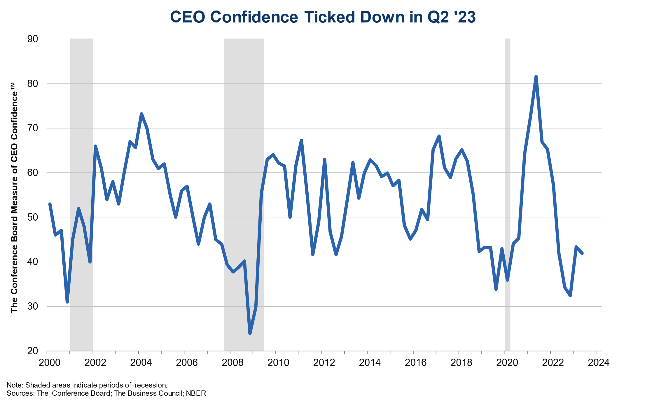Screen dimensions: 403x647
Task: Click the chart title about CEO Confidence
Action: point(323,17)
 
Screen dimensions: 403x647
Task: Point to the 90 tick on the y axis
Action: point(33,39)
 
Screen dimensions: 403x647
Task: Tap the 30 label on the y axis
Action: point(33,306)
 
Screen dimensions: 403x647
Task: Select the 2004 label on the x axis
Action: point(141,363)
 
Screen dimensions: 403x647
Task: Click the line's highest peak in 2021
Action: point(536,76)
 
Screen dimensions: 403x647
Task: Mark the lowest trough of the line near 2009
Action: point(250,333)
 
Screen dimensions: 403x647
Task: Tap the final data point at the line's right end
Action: point(582,253)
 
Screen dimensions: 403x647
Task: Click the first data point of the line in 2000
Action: point(50,204)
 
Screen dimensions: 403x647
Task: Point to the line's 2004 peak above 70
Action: point(141,114)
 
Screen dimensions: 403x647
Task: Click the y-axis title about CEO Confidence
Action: point(14,198)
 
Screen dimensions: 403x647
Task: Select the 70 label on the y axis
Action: point(33,128)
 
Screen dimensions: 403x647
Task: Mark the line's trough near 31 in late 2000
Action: point(67,302)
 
